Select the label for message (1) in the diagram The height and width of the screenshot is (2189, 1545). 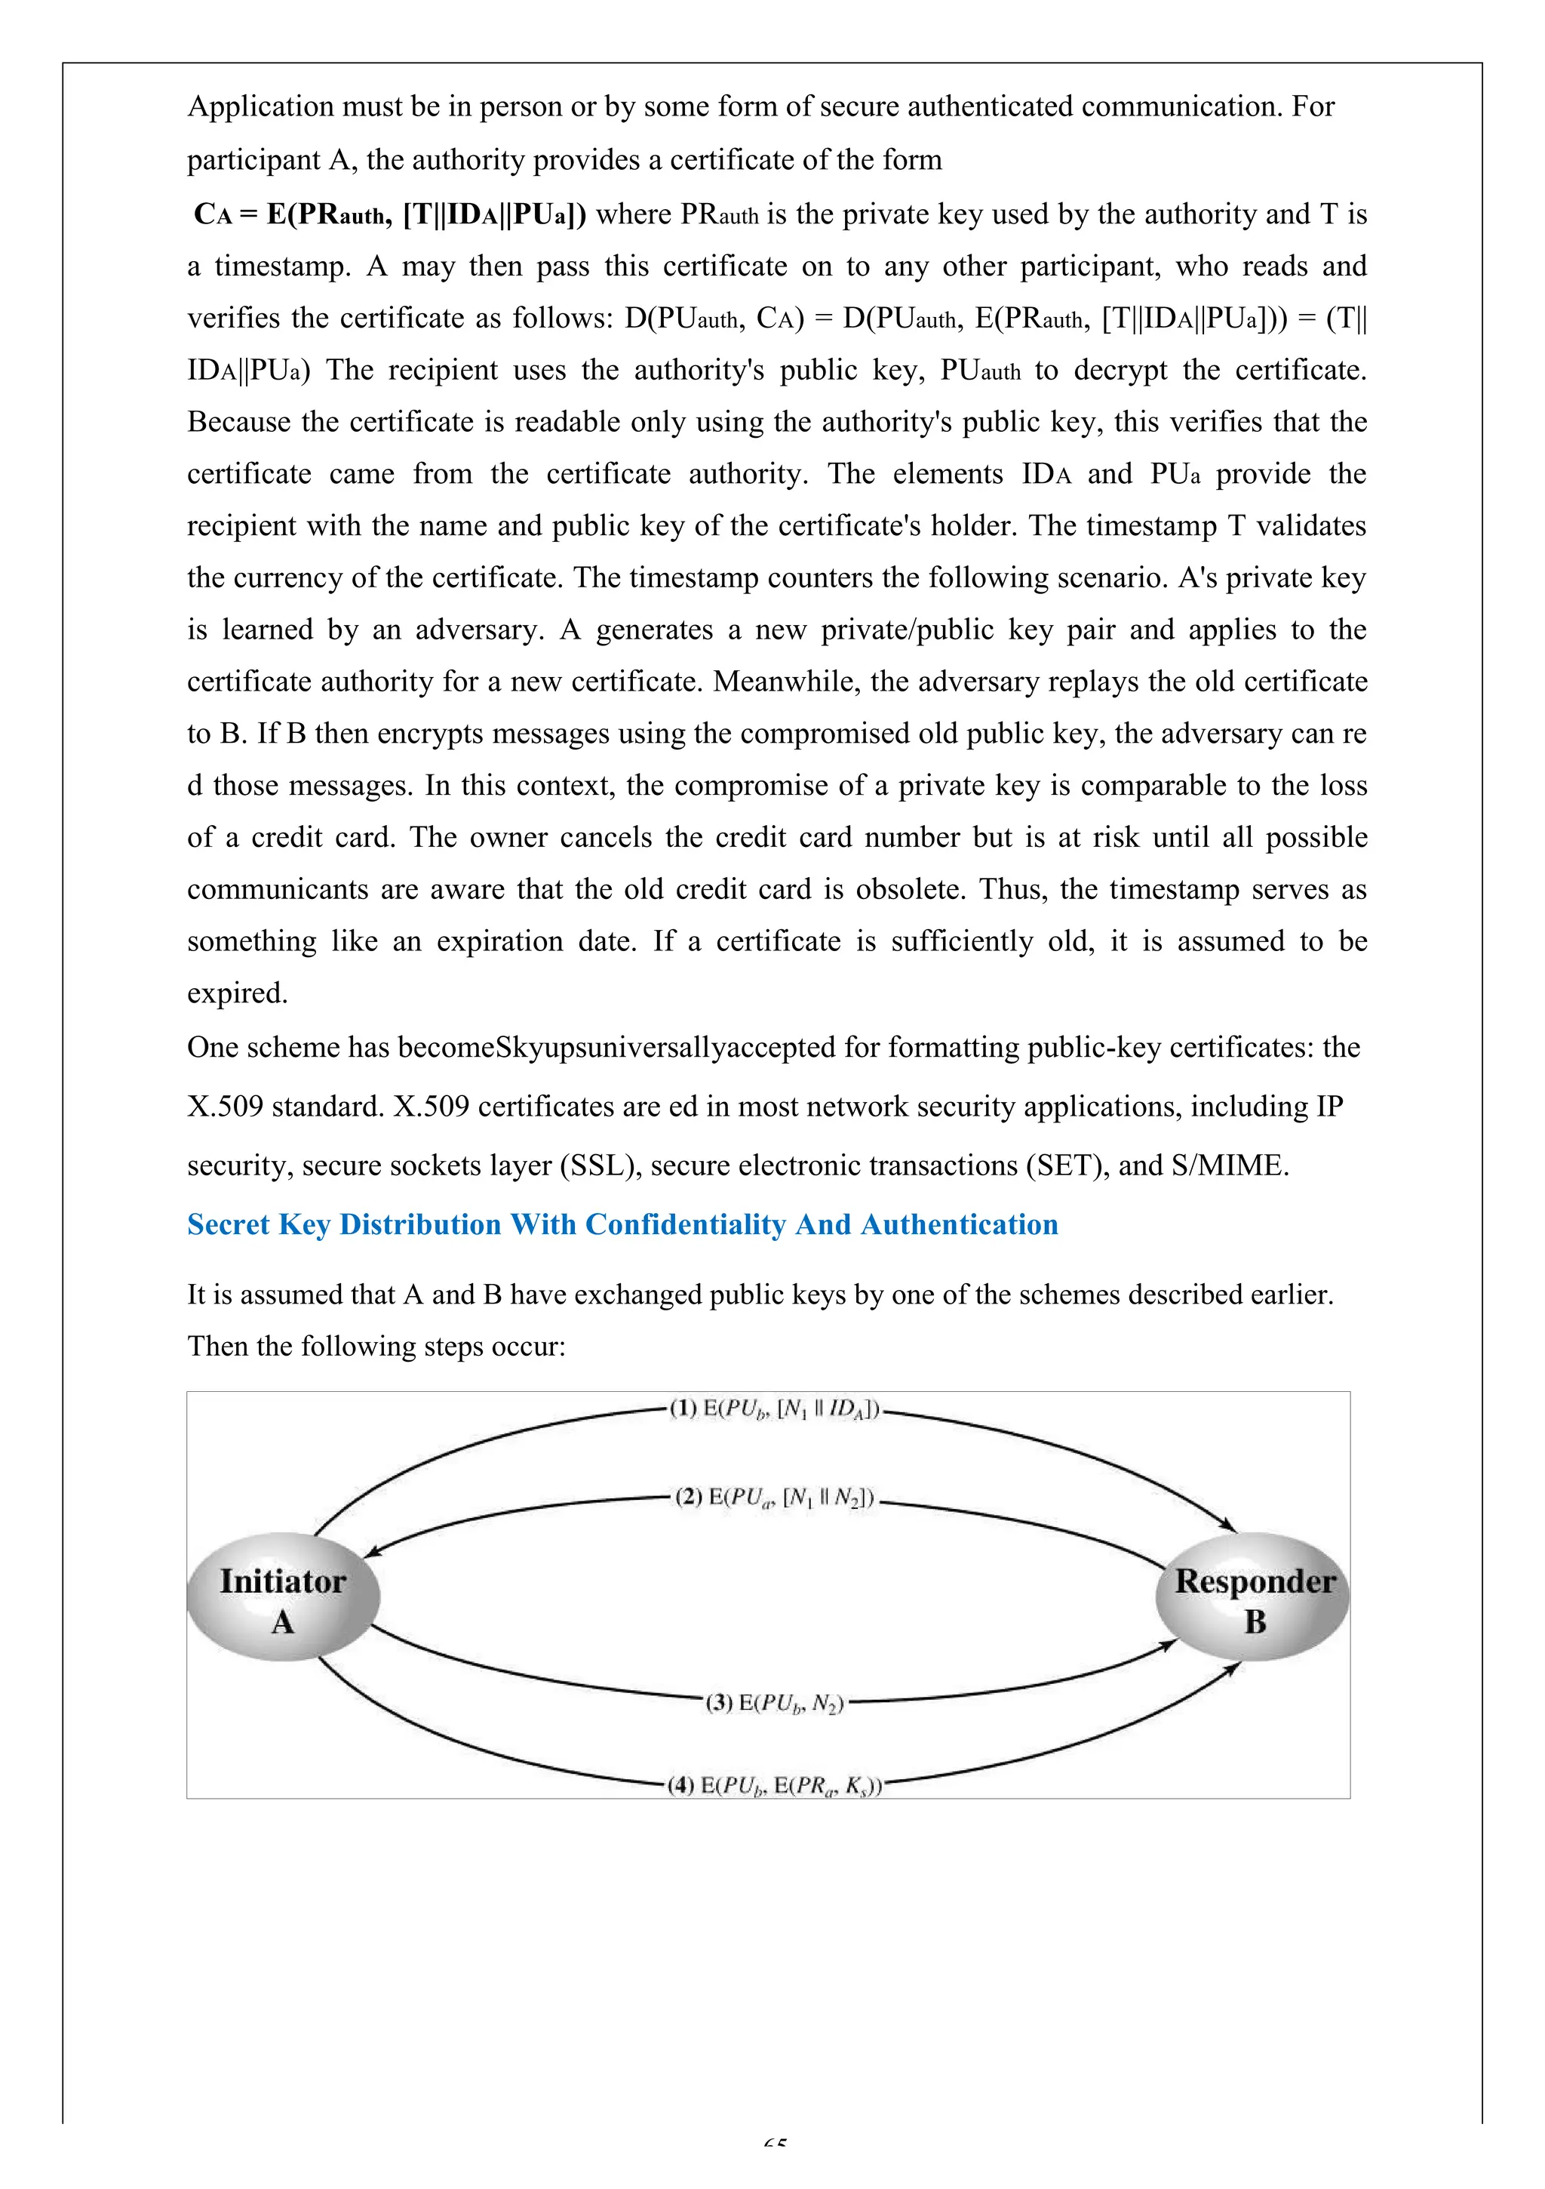coord(774,1409)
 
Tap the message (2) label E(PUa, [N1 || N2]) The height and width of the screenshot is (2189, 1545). coord(774,1498)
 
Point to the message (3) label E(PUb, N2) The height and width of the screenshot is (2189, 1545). coord(774,1703)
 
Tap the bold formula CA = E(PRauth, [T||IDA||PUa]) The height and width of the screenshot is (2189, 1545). coord(390,214)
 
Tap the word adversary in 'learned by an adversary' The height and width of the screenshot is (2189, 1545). coord(478,630)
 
